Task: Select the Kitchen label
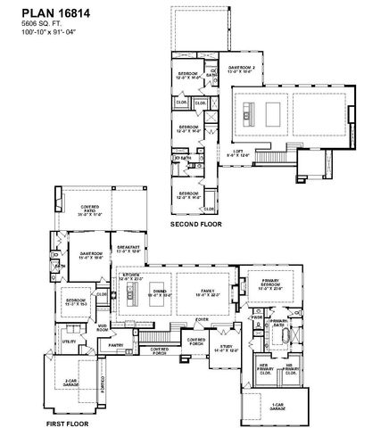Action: pyautogui.click(x=131, y=279)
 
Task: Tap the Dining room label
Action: pyautogui.click(x=161, y=292)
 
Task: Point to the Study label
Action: pyautogui.click(x=227, y=350)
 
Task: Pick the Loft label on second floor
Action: pyautogui.click(x=238, y=153)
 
